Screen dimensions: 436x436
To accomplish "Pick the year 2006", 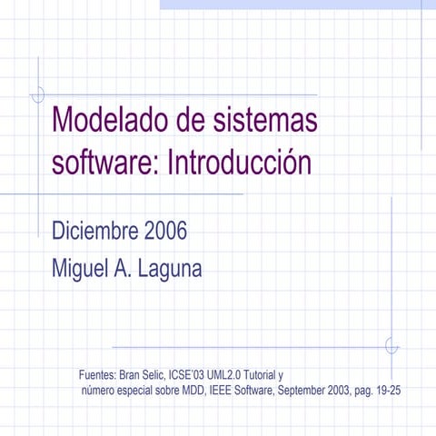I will point(165,231).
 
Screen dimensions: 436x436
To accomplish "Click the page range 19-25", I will point(389,391).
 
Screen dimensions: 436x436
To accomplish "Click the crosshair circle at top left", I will point(38,94).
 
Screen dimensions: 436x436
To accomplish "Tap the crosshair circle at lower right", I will point(391,346).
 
